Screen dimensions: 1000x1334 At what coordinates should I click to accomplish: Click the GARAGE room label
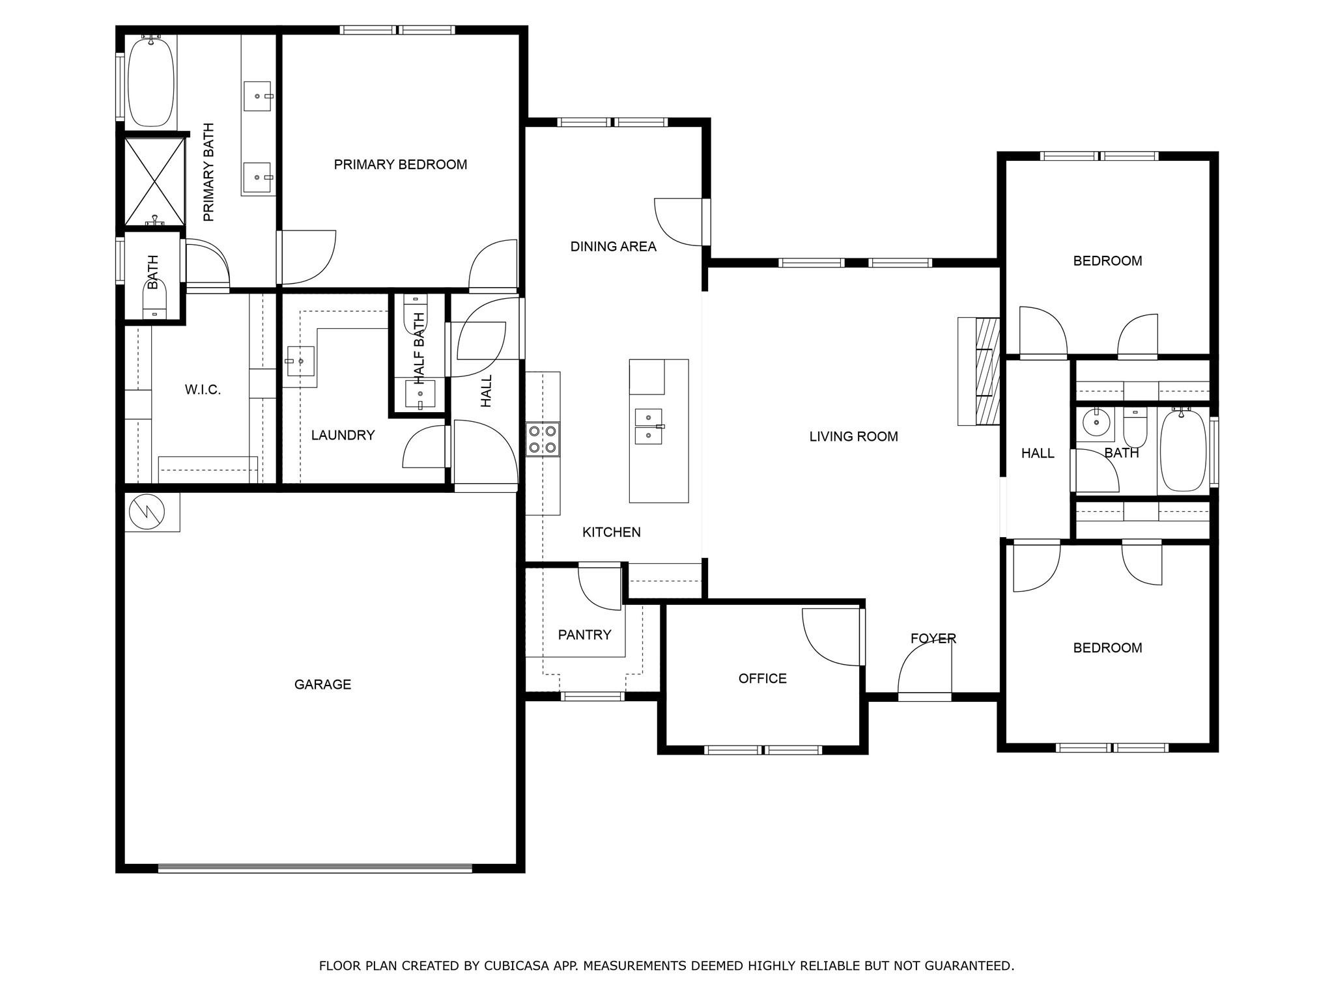pyautogui.click(x=322, y=684)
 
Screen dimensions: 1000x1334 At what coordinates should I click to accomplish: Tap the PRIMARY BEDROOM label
pyautogui.click(x=400, y=165)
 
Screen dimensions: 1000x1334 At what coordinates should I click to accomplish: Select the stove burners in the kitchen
pyautogui.click(x=543, y=439)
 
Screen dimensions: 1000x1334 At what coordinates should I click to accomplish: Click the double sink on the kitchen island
pyautogui.click(x=648, y=426)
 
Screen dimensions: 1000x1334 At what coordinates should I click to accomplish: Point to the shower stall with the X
pyautogui.click(x=154, y=180)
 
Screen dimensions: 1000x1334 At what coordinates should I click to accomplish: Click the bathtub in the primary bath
pyautogui.click(x=151, y=81)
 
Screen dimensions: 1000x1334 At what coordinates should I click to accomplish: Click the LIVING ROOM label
pyautogui.click(x=853, y=437)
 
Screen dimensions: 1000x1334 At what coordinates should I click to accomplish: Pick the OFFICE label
pyautogui.click(x=762, y=678)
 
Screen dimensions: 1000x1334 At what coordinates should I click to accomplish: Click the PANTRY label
pyautogui.click(x=584, y=635)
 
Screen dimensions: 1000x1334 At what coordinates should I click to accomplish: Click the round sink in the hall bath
pyautogui.click(x=1097, y=423)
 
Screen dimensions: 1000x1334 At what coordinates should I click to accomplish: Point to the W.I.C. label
pyautogui.click(x=203, y=390)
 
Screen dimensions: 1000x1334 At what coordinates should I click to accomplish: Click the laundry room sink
pyautogui.click(x=300, y=361)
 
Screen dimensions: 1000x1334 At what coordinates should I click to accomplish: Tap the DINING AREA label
pyautogui.click(x=613, y=247)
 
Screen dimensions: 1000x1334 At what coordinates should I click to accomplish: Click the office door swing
pyautogui.click(x=830, y=637)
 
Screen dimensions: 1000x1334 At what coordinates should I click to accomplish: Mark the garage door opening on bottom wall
pyautogui.click(x=315, y=868)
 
